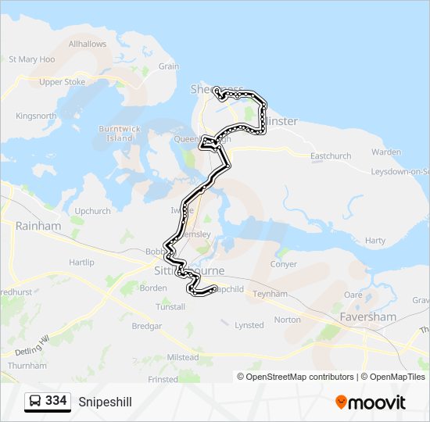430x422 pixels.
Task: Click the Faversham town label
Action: click(367, 317)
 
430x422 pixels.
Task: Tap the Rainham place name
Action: click(38, 226)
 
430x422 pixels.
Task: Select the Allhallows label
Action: click(88, 45)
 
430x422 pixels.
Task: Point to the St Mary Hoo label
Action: click(31, 59)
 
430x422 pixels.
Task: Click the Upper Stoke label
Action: click(62, 82)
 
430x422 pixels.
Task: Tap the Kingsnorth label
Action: click(36, 116)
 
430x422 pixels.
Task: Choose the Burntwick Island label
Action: click(120, 134)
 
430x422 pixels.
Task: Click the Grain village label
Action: click(169, 67)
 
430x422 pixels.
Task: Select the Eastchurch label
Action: click(331, 156)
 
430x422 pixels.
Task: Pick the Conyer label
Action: click(283, 264)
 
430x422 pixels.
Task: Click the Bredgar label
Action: click(146, 325)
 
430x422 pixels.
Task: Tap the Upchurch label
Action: click(93, 211)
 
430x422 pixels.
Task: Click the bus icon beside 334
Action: click(35, 402)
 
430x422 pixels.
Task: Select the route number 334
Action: click(56, 401)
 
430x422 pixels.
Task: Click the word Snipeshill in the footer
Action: click(105, 402)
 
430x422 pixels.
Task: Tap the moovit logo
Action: click(371, 402)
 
